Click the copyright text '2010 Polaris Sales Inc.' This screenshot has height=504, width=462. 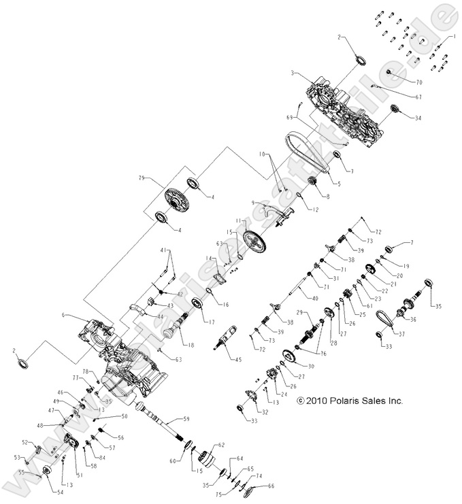coord(350,401)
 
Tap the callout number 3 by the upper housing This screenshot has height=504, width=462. coord(292,73)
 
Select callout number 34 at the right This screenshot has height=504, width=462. coord(417,118)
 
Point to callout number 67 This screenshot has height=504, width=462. coord(418,97)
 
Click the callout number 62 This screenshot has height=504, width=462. coord(220,446)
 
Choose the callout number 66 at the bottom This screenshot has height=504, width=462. coord(271,486)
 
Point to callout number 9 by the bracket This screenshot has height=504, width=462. coord(252,203)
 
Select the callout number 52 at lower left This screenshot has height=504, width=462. coord(25,442)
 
